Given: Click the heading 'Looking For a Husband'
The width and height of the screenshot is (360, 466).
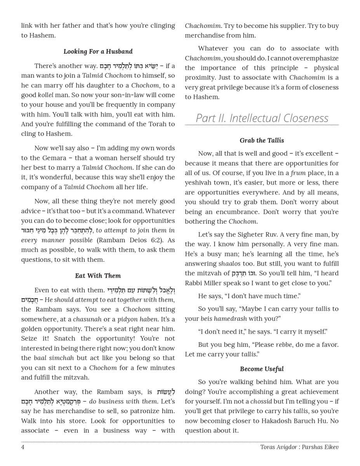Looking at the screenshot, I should point(98,51).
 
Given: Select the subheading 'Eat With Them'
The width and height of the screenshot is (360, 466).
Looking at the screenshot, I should point(98,276).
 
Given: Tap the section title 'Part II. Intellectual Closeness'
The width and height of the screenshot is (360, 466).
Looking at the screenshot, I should point(262,118).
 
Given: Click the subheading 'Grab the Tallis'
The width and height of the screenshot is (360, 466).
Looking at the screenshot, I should point(262,141).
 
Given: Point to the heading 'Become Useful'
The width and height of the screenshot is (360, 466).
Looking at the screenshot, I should point(262,369).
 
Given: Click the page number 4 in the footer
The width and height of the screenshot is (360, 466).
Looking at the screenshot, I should point(23,447).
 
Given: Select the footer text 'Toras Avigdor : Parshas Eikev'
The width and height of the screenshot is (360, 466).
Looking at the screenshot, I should point(299,447).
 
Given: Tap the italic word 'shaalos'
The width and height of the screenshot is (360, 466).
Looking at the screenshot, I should point(230,264).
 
